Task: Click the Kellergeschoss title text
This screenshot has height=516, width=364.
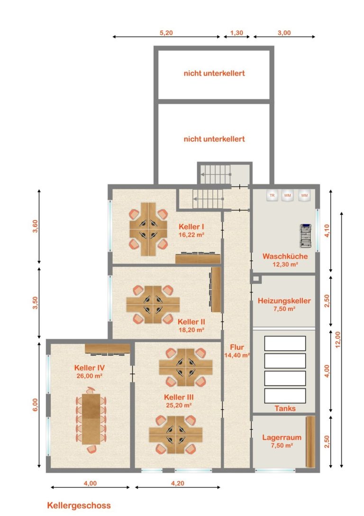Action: click(x=79, y=506)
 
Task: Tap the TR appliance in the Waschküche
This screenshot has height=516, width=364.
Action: click(x=272, y=195)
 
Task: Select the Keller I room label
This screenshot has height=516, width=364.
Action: click(x=191, y=226)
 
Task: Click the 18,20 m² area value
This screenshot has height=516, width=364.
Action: click(x=191, y=330)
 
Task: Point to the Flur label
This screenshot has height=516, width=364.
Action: click(x=237, y=347)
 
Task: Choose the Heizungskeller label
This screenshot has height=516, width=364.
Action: click(x=284, y=300)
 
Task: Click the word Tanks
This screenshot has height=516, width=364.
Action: click(x=285, y=408)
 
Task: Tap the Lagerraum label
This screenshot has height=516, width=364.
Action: click(x=282, y=437)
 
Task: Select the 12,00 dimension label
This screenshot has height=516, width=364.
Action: click(x=338, y=339)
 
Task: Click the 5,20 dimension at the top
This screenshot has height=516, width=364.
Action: click(x=166, y=33)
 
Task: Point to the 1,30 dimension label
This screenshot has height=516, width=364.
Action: click(x=237, y=33)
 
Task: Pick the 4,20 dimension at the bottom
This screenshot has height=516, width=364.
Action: click(x=177, y=483)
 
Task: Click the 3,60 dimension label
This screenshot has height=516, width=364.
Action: click(x=35, y=226)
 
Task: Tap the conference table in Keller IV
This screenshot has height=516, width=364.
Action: click(x=91, y=419)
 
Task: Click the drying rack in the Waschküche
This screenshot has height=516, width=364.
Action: click(x=306, y=235)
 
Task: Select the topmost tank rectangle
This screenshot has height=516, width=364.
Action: click(x=285, y=343)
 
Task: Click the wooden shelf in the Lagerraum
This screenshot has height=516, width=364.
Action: click(x=310, y=441)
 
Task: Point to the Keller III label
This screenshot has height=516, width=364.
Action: click(x=179, y=397)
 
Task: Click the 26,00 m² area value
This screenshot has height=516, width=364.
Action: click(x=90, y=375)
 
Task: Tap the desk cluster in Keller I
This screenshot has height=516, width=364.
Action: click(x=148, y=229)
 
